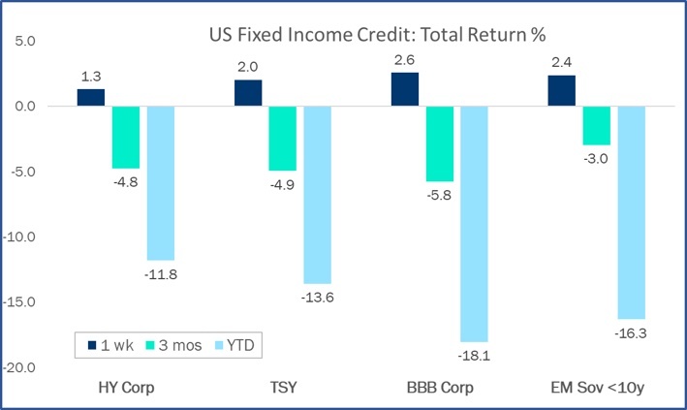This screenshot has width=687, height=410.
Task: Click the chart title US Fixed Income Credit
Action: (x=378, y=35)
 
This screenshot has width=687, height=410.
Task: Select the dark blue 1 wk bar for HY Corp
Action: (x=90, y=98)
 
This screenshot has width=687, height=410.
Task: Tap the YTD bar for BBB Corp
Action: (x=474, y=224)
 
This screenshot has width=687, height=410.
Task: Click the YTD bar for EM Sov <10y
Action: (x=631, y=212)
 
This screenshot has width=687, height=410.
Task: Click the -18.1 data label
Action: (x=474, y=356)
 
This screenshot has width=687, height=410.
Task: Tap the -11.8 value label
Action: (x=160, y=274)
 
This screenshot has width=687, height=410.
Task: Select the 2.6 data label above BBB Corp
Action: (x=406, y=61)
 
